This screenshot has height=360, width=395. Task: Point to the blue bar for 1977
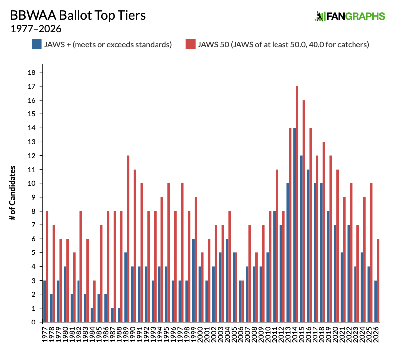click(44, 301)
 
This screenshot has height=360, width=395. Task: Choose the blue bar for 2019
click(327, 266)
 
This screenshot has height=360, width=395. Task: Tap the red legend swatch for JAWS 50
click(191, 44)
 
